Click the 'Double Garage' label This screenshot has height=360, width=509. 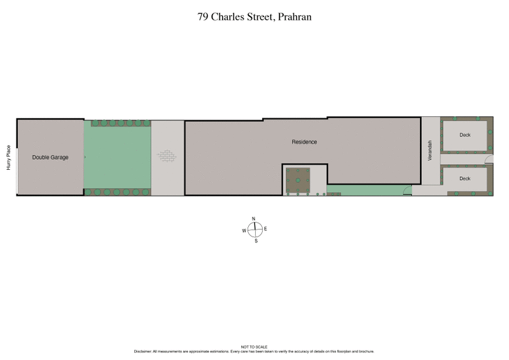point(50,157)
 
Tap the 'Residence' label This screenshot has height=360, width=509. point(304,142)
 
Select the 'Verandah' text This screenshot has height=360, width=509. point(430,150)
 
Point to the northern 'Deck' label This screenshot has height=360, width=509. point(464,135)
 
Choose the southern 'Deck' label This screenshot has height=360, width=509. point(464,179)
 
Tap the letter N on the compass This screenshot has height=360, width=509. point(254,219)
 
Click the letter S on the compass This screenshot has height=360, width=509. point(256,241)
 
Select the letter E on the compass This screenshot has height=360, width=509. point(265,229)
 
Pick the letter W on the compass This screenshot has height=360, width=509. point(244,230)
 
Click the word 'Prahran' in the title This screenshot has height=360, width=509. point(291,17)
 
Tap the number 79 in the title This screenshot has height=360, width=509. point(203,17)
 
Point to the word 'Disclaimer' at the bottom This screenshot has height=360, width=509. point(143,352)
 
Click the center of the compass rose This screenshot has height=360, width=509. point(254,230)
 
